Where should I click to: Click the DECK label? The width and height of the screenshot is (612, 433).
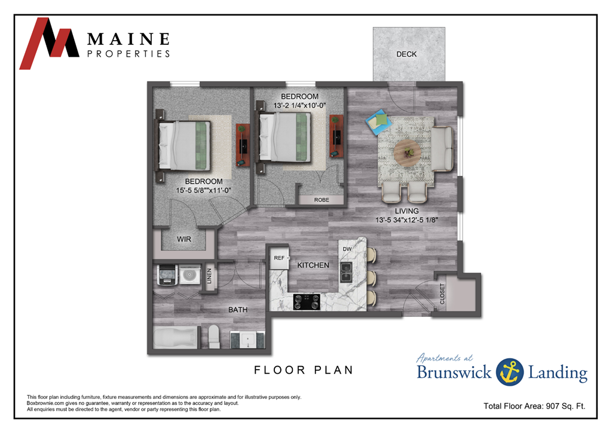click(x=406, y=54)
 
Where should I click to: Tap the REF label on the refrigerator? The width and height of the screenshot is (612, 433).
click(x=279, y=258)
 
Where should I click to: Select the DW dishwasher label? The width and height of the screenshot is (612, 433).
click(x=346, y=249)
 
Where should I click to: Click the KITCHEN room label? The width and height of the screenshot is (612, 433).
click(x=313, y=265)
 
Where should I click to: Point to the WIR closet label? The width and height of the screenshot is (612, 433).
click(x=183, y=239)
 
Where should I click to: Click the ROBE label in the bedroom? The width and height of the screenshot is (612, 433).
click(x=321, y=200)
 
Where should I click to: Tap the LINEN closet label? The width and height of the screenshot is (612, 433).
click(x=209, y=277)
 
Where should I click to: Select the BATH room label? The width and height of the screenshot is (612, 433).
click(x=238, y=310)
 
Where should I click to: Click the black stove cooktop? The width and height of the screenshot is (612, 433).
click(x=307, y=302)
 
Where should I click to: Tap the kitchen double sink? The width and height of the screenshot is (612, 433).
click(x=346, y=272)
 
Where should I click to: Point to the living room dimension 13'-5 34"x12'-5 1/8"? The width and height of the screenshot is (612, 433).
click(x=406, y=219)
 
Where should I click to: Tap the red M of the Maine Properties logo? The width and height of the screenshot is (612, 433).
click(x=48, y=43)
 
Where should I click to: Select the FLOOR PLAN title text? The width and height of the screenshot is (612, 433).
click(x=304, y=370)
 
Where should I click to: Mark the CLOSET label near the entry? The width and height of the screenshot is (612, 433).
click(x=443, y=294)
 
